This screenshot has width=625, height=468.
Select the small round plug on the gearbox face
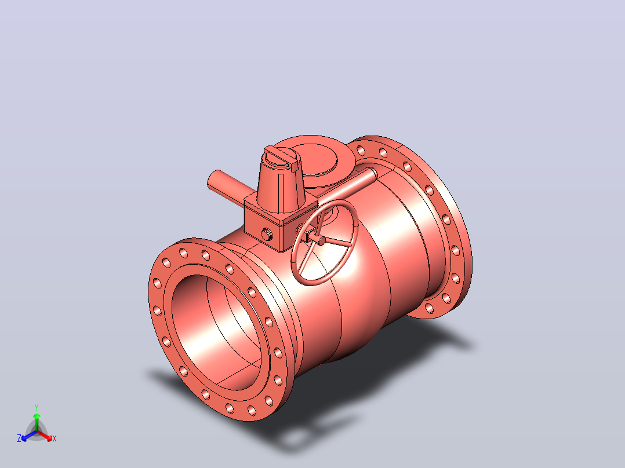267,235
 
